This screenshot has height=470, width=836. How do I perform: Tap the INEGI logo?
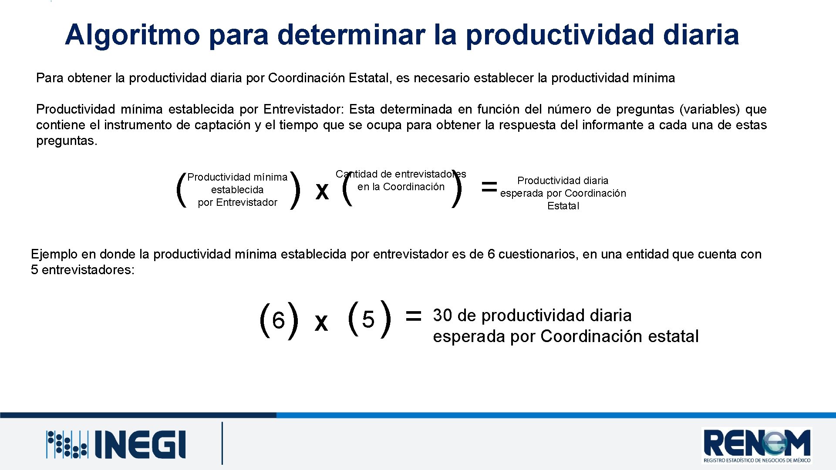point(116,444)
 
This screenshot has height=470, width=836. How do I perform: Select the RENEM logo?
point(757,445)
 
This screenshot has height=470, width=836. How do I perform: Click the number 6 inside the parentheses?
point(278,321)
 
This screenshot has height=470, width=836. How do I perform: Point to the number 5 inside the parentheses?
point(368,320)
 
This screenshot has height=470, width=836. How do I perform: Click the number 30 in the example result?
point(442,316)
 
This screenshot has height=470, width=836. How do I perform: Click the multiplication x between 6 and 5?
point(321,323)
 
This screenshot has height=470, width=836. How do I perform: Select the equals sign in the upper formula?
point(489,187)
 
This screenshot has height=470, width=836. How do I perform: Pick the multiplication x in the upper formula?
point(322,191)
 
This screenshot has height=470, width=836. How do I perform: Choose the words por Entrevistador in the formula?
point(237,202)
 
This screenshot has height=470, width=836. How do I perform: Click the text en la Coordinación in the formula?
point(401,187)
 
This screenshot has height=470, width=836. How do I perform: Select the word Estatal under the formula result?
point(563,206)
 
